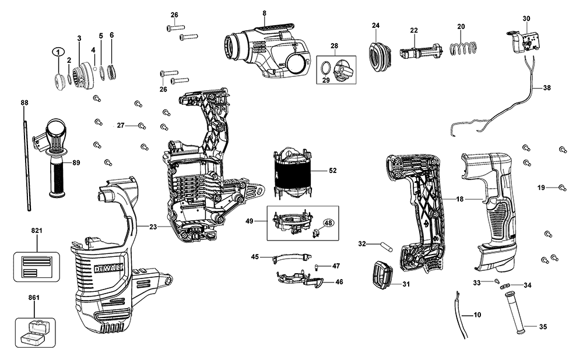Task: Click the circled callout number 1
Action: click(x=58, y=51)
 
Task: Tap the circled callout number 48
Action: click(x=328, y=223)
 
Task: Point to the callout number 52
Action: click(x=333, y=171)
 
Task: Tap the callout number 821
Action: click(x=37, y=231)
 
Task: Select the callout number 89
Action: click(x=76, y=163)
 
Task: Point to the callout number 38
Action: click(x=546, y=89)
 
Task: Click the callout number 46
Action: click(x=339, y=282)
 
